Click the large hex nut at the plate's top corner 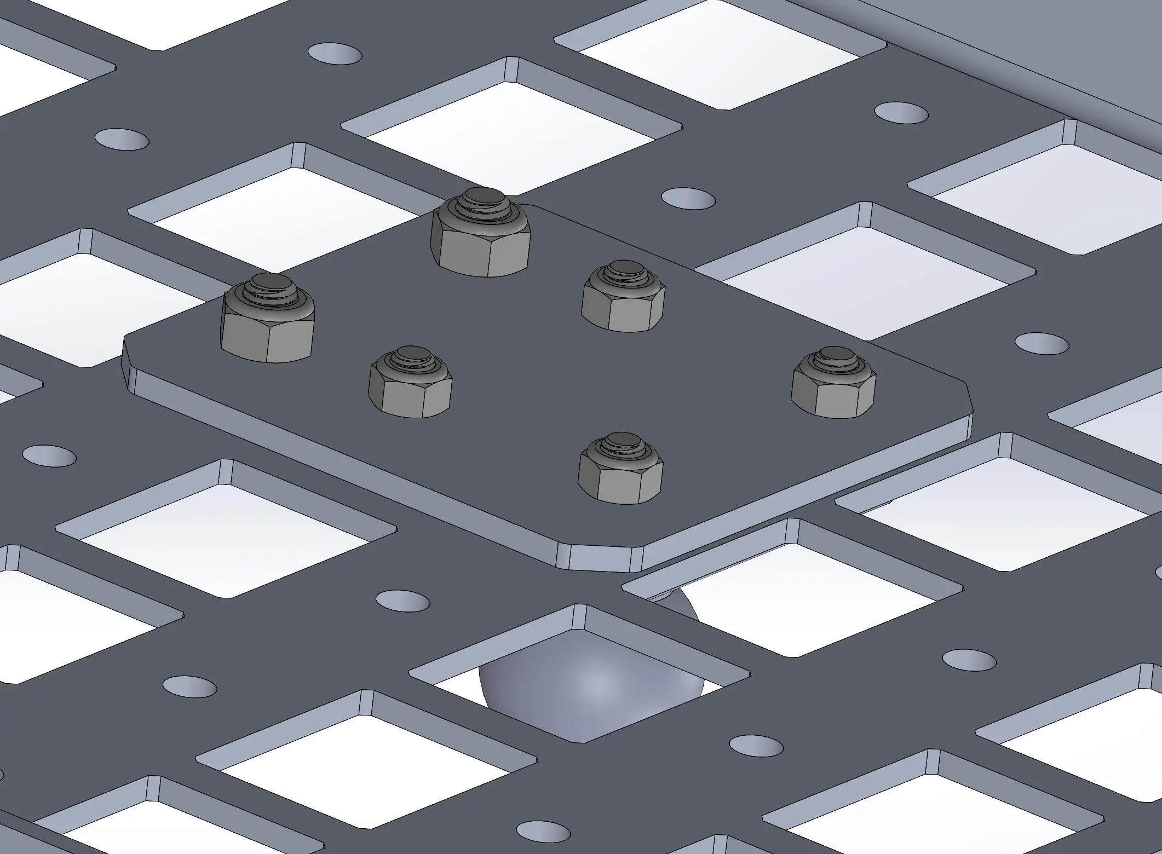click(x=481, y=241)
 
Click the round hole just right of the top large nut click(x=688, y=198)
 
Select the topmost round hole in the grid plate click(x=335, y=53)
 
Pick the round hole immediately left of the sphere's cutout click(x=402, y=601)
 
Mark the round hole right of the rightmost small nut click(x=1042, y=343)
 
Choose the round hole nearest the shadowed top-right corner click(x=901, y=112)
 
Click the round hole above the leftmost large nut click(x=122, y=139)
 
